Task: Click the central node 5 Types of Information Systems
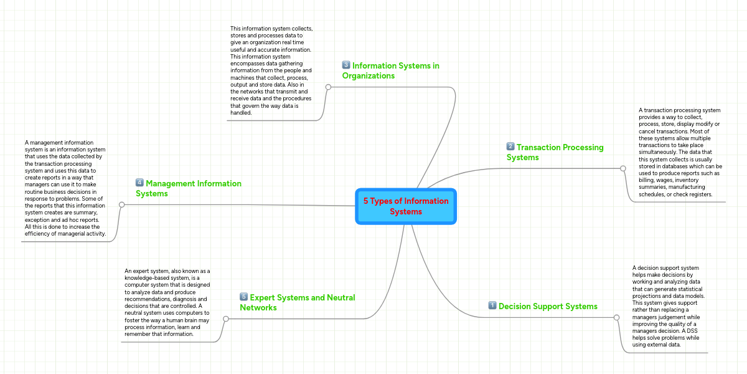pyautogui.click(x=406, y=206)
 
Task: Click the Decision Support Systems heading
pyautogui.click(x=548, y=306)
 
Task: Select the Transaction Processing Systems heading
pyautogui.click(x=555, y=152)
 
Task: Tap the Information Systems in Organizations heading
pyautogui.click(x=390, y=70)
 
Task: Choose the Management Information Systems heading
pyautogui.click(x=189, y=188)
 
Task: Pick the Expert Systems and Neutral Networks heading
pyautogui.click(x=297, y=302)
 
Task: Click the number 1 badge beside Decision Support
pyautogui.click(x=492, y=305)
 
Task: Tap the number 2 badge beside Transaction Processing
pyautogui.click(x=510, y=147)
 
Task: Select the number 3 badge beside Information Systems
pyautogui.click(x=346, y=65)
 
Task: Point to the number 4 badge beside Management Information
pyautogui.click(x=139, y=183)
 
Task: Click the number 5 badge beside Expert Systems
pyautogui.click(x=243, y=297)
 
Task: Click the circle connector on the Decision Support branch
pyautogui.click(x=616, y=317)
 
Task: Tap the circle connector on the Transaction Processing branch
pyautogui.click(x=622, y=168)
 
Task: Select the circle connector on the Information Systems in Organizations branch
pyautogui.click(x=328, y=87)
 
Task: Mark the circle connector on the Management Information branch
pyautogui.click(x=121, y=204)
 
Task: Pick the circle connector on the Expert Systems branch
pyautogui.click(x=225, y=319)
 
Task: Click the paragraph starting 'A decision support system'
pyautogui.click(x=668, y=305)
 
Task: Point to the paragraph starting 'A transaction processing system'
pyautogui.click(x=680, y=152)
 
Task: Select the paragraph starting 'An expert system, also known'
pyautogui.click(x=167, y=302)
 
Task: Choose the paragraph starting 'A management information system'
pyautogui.click(x=65, y=189)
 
